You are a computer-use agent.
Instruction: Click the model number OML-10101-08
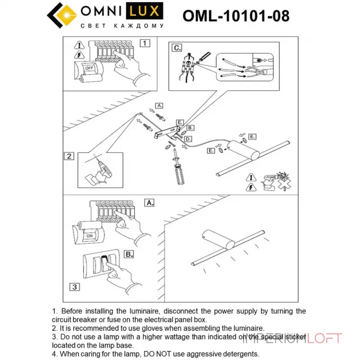(236, 16)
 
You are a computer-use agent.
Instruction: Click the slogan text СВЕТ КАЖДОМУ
(121, 26)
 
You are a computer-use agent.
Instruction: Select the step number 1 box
(144, 43)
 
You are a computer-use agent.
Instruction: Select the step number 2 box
(69, 157)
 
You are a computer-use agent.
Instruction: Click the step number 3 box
(75, 287)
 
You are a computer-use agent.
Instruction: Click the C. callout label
(177, 47)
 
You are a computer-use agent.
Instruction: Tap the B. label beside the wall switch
(129, 254)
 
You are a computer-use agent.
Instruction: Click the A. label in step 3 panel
(149, 202)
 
